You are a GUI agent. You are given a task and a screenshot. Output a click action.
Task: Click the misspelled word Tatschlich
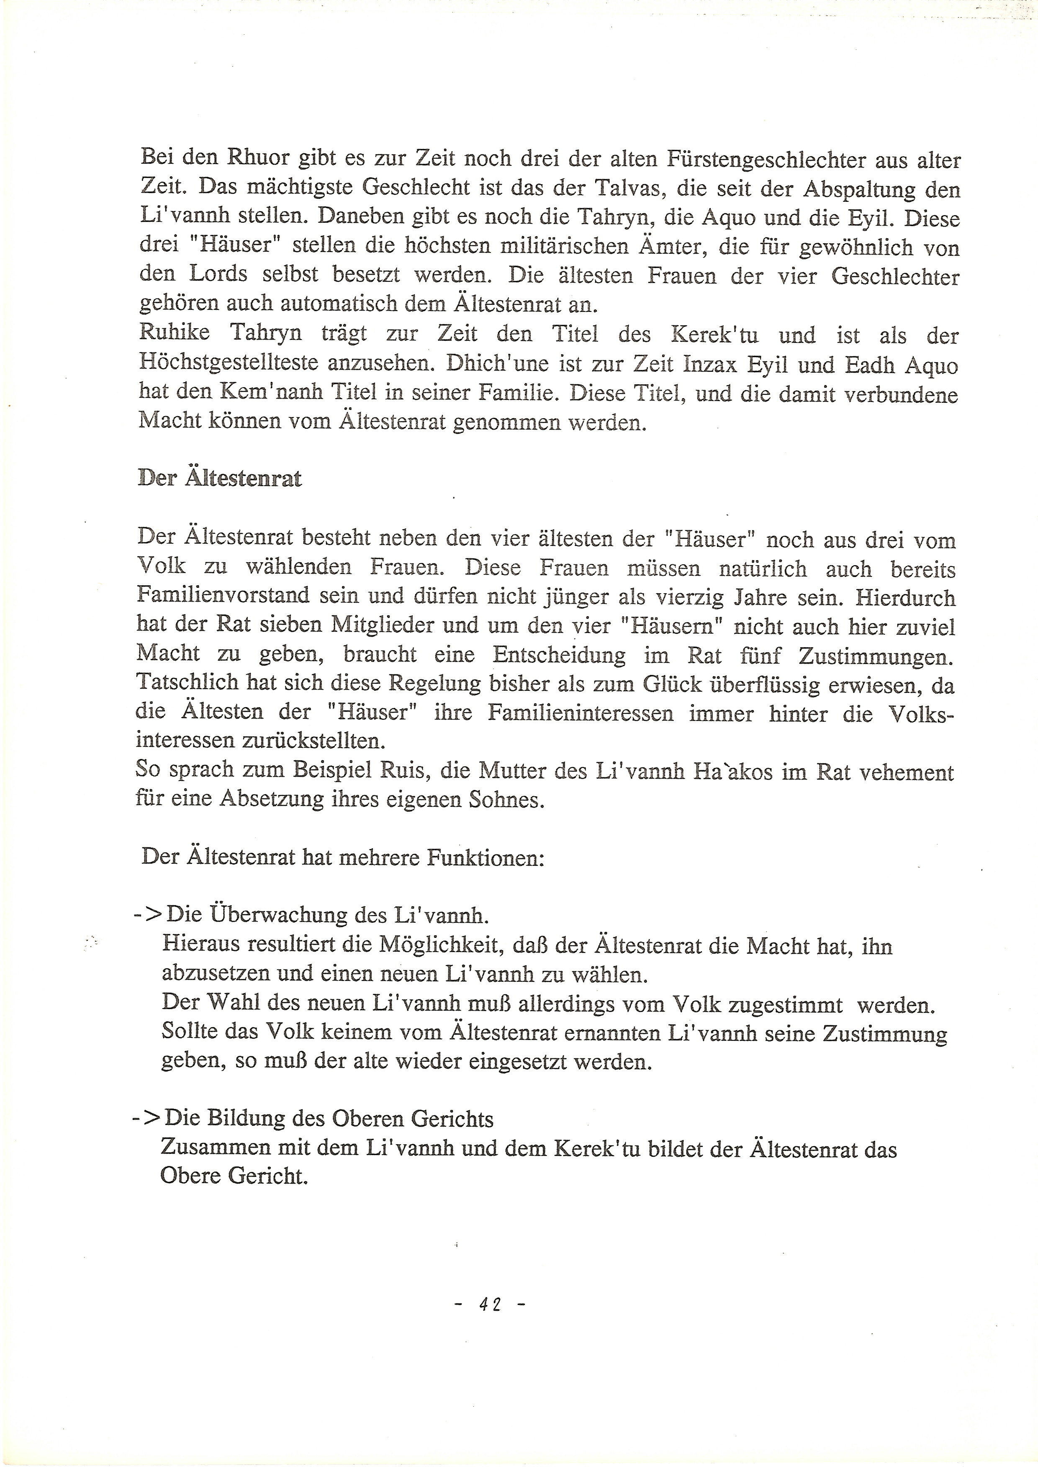190,684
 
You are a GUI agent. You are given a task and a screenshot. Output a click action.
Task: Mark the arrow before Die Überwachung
147,915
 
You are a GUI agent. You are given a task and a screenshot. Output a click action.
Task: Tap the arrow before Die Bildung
146,1119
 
